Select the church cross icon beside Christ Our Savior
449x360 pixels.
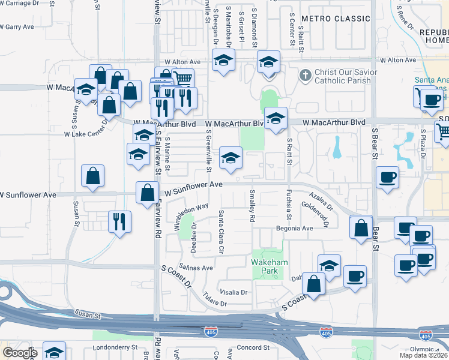coord(305,75)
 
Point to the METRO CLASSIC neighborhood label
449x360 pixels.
coord(336,19)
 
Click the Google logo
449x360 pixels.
coord(20,352)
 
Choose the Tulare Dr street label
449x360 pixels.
coord(215,299)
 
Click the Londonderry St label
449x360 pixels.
coord(116,348)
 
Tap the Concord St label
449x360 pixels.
coord(252,348)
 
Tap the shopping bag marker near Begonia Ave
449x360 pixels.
coord(360,228)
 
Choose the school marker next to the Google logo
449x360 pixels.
coord(54,352)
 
